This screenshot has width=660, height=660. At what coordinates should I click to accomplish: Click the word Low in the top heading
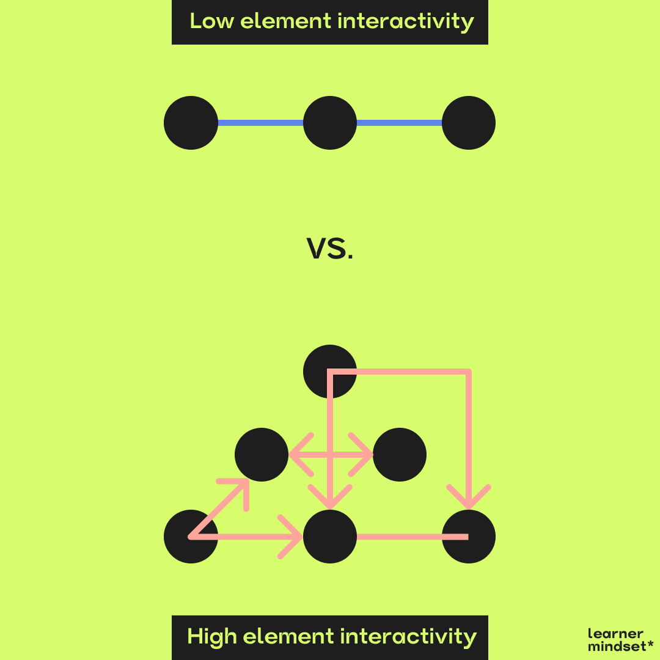point(211,21)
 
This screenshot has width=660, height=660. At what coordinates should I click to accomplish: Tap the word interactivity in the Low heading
point(406,21)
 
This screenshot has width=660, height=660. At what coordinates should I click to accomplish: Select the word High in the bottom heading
point(211,636)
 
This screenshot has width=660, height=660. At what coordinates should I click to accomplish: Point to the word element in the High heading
point(290,636)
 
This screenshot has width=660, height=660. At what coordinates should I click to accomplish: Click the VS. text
point(330,250)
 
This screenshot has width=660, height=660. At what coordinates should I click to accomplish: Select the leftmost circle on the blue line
point(191,123)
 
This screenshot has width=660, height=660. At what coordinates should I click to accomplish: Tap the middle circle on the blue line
point(330,123)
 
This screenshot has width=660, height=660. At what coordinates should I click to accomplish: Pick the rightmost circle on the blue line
point(469,123)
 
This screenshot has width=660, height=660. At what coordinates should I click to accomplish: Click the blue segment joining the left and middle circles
point(260,123)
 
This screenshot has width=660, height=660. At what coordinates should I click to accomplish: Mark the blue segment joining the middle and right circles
point(399,123)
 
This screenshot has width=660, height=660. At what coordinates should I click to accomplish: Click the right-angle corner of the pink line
point(469,371)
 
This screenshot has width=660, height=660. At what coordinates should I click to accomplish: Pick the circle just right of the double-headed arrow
point(400,455)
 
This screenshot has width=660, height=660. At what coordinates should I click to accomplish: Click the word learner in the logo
point(615,634)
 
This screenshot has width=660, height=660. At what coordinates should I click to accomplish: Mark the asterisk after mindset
point(651,644)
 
